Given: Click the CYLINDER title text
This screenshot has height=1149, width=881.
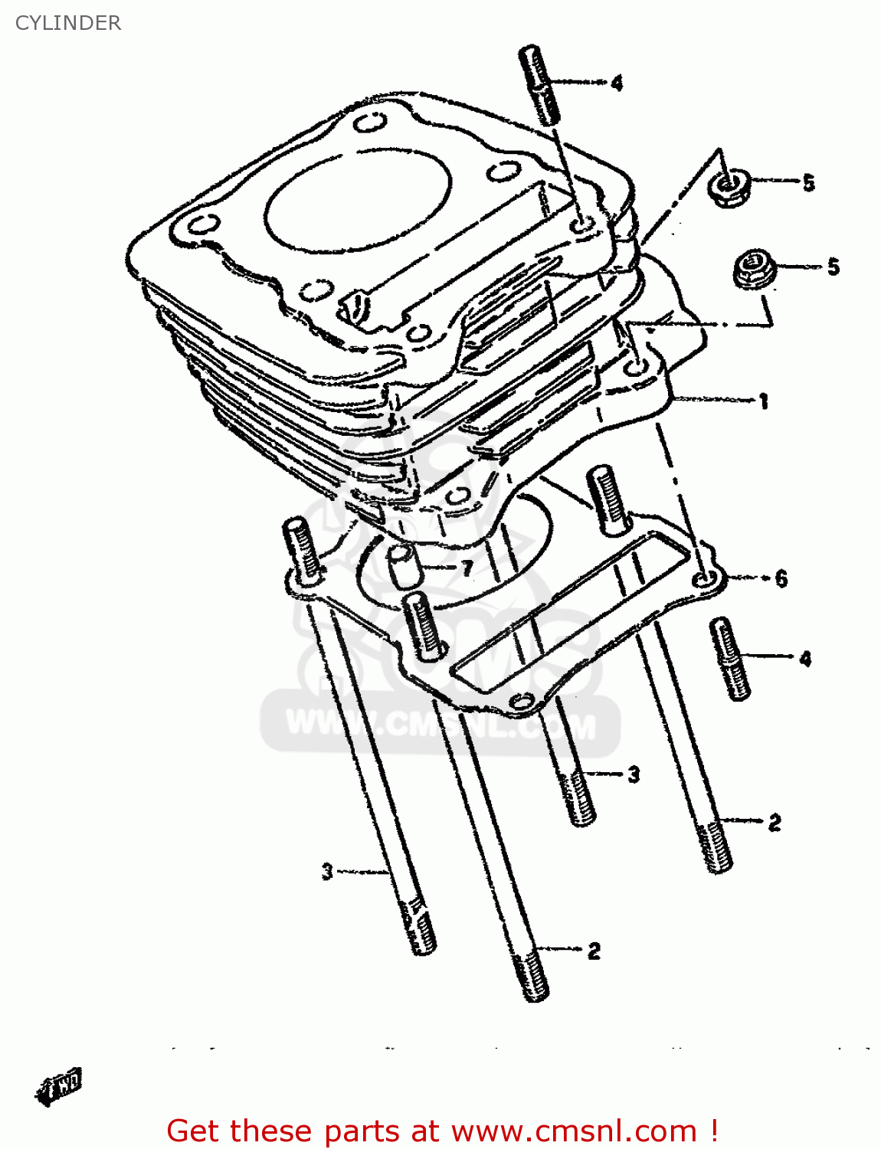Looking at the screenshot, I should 68,23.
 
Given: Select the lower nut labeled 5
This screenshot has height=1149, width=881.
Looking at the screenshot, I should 755,269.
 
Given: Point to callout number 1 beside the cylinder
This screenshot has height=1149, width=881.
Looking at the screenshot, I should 763,401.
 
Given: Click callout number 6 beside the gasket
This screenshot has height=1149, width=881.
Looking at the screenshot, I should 781,578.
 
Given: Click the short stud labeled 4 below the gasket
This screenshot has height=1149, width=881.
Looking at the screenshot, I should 731,658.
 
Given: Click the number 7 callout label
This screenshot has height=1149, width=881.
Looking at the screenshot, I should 466,568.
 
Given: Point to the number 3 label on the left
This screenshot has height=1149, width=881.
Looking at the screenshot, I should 327,871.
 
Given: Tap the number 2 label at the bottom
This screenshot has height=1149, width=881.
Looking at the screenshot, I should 594,951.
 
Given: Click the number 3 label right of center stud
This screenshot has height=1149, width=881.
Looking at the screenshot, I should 634,774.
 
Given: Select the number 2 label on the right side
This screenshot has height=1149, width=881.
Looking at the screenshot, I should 775,823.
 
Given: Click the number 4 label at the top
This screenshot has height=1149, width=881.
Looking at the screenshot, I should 617,83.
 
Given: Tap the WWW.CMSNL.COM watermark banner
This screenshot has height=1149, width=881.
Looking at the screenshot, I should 440,724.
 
